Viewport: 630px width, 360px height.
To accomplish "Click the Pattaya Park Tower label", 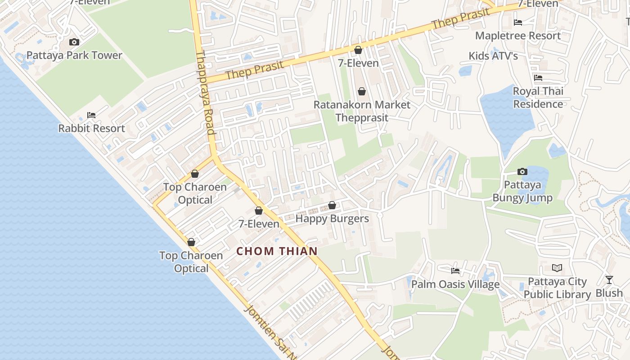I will coord(74,55).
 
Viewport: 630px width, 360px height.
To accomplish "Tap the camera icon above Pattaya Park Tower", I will coord(74,42).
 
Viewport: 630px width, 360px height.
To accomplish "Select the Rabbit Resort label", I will coord(91,128).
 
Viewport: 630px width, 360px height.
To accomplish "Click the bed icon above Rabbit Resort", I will coord(91,115).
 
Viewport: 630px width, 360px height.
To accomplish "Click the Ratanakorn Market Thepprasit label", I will coord(362,111).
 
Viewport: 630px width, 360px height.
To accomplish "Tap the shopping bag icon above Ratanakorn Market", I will coord(362,92).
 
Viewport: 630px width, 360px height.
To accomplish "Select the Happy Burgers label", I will coord(332,219).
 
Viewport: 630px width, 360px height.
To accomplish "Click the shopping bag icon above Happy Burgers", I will coord(332,206).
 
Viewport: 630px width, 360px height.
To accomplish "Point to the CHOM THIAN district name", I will coord(277,251).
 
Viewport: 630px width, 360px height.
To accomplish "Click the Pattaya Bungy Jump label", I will coord(522,191).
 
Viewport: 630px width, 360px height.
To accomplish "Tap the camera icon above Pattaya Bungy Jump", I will coord(522,171).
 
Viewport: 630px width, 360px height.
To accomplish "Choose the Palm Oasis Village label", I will coord(455,284).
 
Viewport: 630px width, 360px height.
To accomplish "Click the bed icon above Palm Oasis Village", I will coord(455,271).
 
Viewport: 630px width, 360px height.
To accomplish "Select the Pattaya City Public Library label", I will coord(557,288).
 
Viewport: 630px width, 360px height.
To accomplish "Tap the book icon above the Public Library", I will coord(557,268).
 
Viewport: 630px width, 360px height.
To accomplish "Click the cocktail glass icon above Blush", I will coord(609,280).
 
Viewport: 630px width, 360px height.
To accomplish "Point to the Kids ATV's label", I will coord(493,56).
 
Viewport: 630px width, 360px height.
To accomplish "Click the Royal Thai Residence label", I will coord(538,98).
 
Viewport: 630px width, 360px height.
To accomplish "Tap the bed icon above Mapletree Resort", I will coord(518,22).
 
